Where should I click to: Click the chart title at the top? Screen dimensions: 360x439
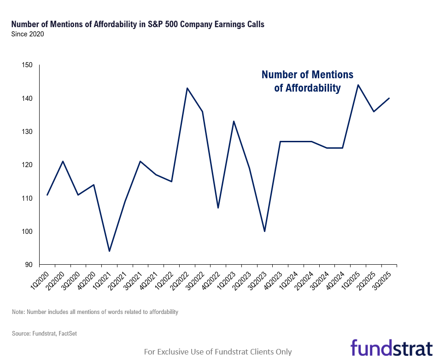click(138, 24)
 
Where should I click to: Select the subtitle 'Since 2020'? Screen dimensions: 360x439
click(27, 34)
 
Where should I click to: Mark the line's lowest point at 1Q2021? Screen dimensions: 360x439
click(109, 251)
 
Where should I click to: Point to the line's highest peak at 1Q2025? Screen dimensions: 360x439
click(358, 85)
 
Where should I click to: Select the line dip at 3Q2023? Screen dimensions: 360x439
click(264, 231)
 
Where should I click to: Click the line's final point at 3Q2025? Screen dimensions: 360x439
click(389, 98)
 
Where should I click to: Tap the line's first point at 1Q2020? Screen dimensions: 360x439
click(47, 195)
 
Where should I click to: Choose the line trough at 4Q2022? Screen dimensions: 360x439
click(218, 208)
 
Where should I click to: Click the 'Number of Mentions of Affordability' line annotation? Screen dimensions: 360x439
click(307, 81)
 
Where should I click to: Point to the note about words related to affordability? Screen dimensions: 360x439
click(95, 312)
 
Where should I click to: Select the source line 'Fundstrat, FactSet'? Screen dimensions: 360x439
click(44, 333)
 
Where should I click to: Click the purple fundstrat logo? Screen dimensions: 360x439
click(391, 348)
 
